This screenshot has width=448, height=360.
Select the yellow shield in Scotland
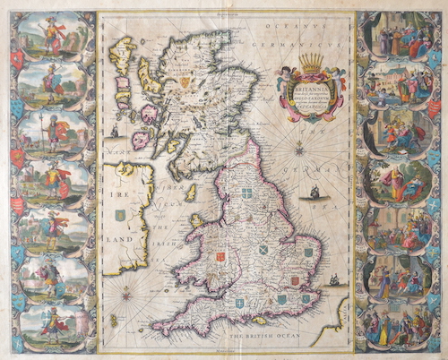point(185,82)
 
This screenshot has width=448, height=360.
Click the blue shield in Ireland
point(120,215)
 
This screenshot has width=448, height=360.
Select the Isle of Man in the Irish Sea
point(190,193)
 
